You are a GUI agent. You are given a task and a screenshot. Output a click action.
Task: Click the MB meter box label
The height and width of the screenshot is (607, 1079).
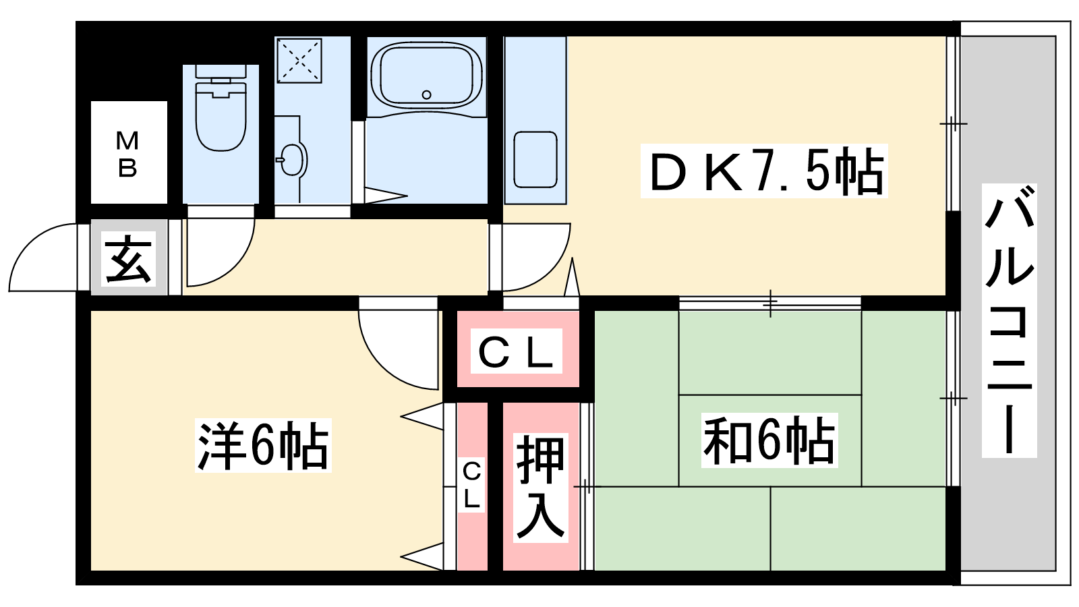coord(127,154)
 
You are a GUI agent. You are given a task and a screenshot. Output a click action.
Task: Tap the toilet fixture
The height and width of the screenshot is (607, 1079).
coord(221,108)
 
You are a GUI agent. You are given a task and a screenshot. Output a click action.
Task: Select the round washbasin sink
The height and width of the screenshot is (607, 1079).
coord(292,159)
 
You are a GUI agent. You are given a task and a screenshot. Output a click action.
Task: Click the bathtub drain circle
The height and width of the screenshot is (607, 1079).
coord(426,95)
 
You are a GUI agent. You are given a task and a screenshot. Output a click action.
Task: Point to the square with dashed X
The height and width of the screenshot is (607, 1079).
coord(299,61)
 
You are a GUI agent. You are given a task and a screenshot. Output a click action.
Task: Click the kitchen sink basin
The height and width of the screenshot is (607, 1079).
coord(535,159)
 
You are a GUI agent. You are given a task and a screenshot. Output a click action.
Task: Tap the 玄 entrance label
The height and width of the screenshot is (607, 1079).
coord(128,258)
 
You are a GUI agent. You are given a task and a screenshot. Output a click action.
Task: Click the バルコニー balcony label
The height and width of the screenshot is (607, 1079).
coord(1009,320)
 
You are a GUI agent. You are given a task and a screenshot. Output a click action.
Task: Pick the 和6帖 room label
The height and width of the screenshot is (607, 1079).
coord(769,440)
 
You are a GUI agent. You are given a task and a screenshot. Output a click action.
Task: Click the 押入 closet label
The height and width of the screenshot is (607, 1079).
coord(540,488)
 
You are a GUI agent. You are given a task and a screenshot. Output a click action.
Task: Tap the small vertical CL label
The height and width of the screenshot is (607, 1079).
coord(471,485)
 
